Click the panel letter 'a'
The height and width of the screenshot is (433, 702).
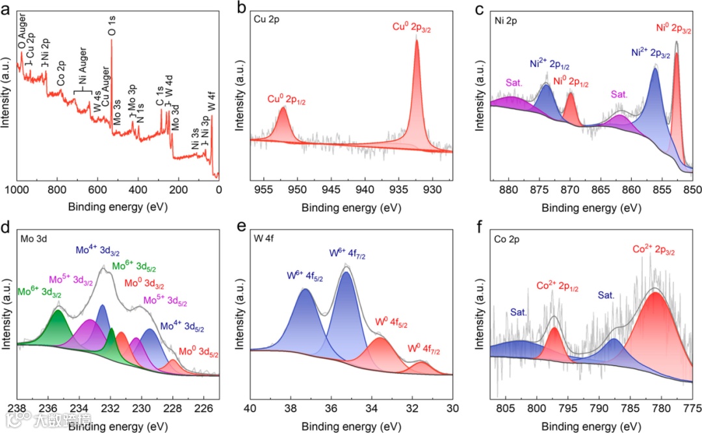[6, 8]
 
